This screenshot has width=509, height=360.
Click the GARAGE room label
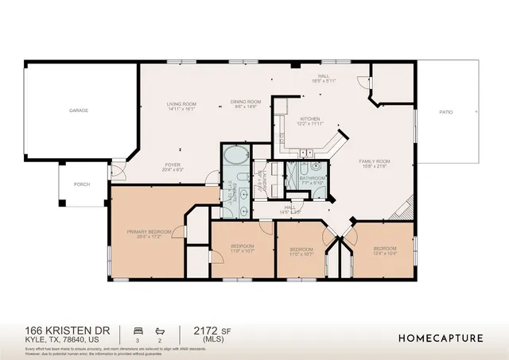[78, 110]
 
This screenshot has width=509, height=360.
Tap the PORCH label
[82, 184]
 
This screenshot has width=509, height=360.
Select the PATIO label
[446, 112]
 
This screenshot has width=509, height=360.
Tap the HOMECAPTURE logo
[441, 338]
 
